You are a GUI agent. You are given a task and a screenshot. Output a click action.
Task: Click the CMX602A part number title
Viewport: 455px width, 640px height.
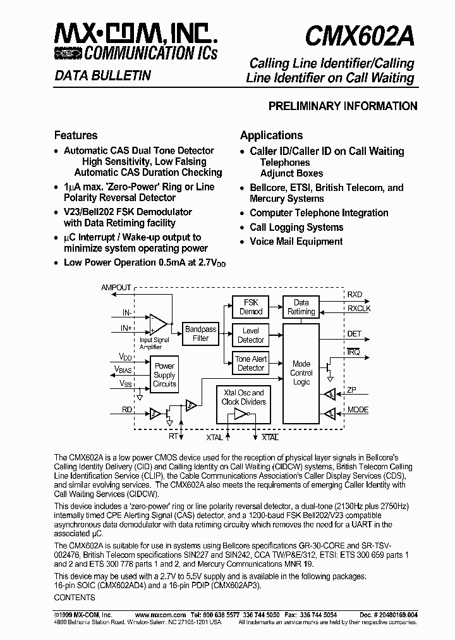(x=360, y=37)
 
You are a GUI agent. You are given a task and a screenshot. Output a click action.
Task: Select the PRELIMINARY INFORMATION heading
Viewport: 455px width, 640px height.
(x=343, y=106)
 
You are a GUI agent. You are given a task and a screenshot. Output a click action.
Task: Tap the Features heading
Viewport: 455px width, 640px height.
(x=76, y=135)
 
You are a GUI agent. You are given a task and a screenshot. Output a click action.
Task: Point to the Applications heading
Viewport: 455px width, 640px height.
(x=271, y=135)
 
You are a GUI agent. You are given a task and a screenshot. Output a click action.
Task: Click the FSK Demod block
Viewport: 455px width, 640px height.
(x=251, y=307)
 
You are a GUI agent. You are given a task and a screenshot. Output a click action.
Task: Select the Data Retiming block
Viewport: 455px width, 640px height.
(x=301, y=307)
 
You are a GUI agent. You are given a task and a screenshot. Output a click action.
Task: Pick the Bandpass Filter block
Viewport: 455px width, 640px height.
(x=200, y=333)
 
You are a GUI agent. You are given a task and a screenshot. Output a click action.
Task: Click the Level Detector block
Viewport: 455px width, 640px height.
(x=251, y=335)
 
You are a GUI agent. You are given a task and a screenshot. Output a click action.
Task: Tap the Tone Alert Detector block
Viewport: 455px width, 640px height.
(x=251, y=363)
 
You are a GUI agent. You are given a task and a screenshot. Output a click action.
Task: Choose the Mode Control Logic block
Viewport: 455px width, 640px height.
(x=301, y=373)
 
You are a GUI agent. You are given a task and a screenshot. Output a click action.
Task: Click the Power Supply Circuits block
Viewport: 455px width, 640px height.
(x=165, y=374)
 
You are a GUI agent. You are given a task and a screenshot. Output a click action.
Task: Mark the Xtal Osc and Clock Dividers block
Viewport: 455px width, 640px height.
(x=243, y=405)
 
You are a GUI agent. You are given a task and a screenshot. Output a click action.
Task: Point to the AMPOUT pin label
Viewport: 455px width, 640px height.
(x=116, y=288)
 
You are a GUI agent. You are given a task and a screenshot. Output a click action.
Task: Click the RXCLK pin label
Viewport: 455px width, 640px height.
(x=358, y=309)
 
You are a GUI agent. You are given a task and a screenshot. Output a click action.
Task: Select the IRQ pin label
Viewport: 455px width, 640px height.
(x=353, y=352)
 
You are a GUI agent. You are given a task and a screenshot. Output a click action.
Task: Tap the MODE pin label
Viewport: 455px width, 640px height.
(x=358, y=410)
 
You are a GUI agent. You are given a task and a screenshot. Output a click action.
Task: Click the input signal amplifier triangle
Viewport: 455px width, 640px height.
(x=158, y=323)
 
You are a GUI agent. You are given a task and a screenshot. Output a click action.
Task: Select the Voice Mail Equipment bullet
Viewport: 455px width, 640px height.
(x=296, y=242)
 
